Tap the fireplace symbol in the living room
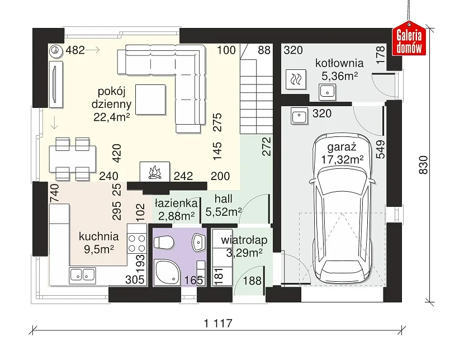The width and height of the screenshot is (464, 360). [x=154, y=172]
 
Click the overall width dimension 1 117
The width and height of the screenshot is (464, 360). [x=218, y=323]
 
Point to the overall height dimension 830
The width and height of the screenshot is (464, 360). [x=423, y=165]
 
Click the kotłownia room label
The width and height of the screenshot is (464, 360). [x=339, y=63]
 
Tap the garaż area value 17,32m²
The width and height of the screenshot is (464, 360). [x=342, y=160]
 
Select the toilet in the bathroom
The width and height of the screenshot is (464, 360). [x=164, y=243]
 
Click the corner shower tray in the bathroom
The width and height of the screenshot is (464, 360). [x=167, y=272]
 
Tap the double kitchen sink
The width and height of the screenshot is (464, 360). [x=83, y=275]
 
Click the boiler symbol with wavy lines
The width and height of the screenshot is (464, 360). [x=296, y=79]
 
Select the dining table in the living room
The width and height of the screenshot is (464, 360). [x=73, y=159]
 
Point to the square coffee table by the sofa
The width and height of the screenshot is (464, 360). [x=150, y=100]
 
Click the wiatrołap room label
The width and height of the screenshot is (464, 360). [x=244, y=240]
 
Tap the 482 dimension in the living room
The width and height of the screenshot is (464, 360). [x=75, y=50]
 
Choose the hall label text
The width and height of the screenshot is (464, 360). [x=224, y=199]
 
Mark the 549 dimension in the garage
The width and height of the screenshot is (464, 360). [x=381, y=149]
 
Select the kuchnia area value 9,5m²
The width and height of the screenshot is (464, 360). [x=99, y=249]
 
